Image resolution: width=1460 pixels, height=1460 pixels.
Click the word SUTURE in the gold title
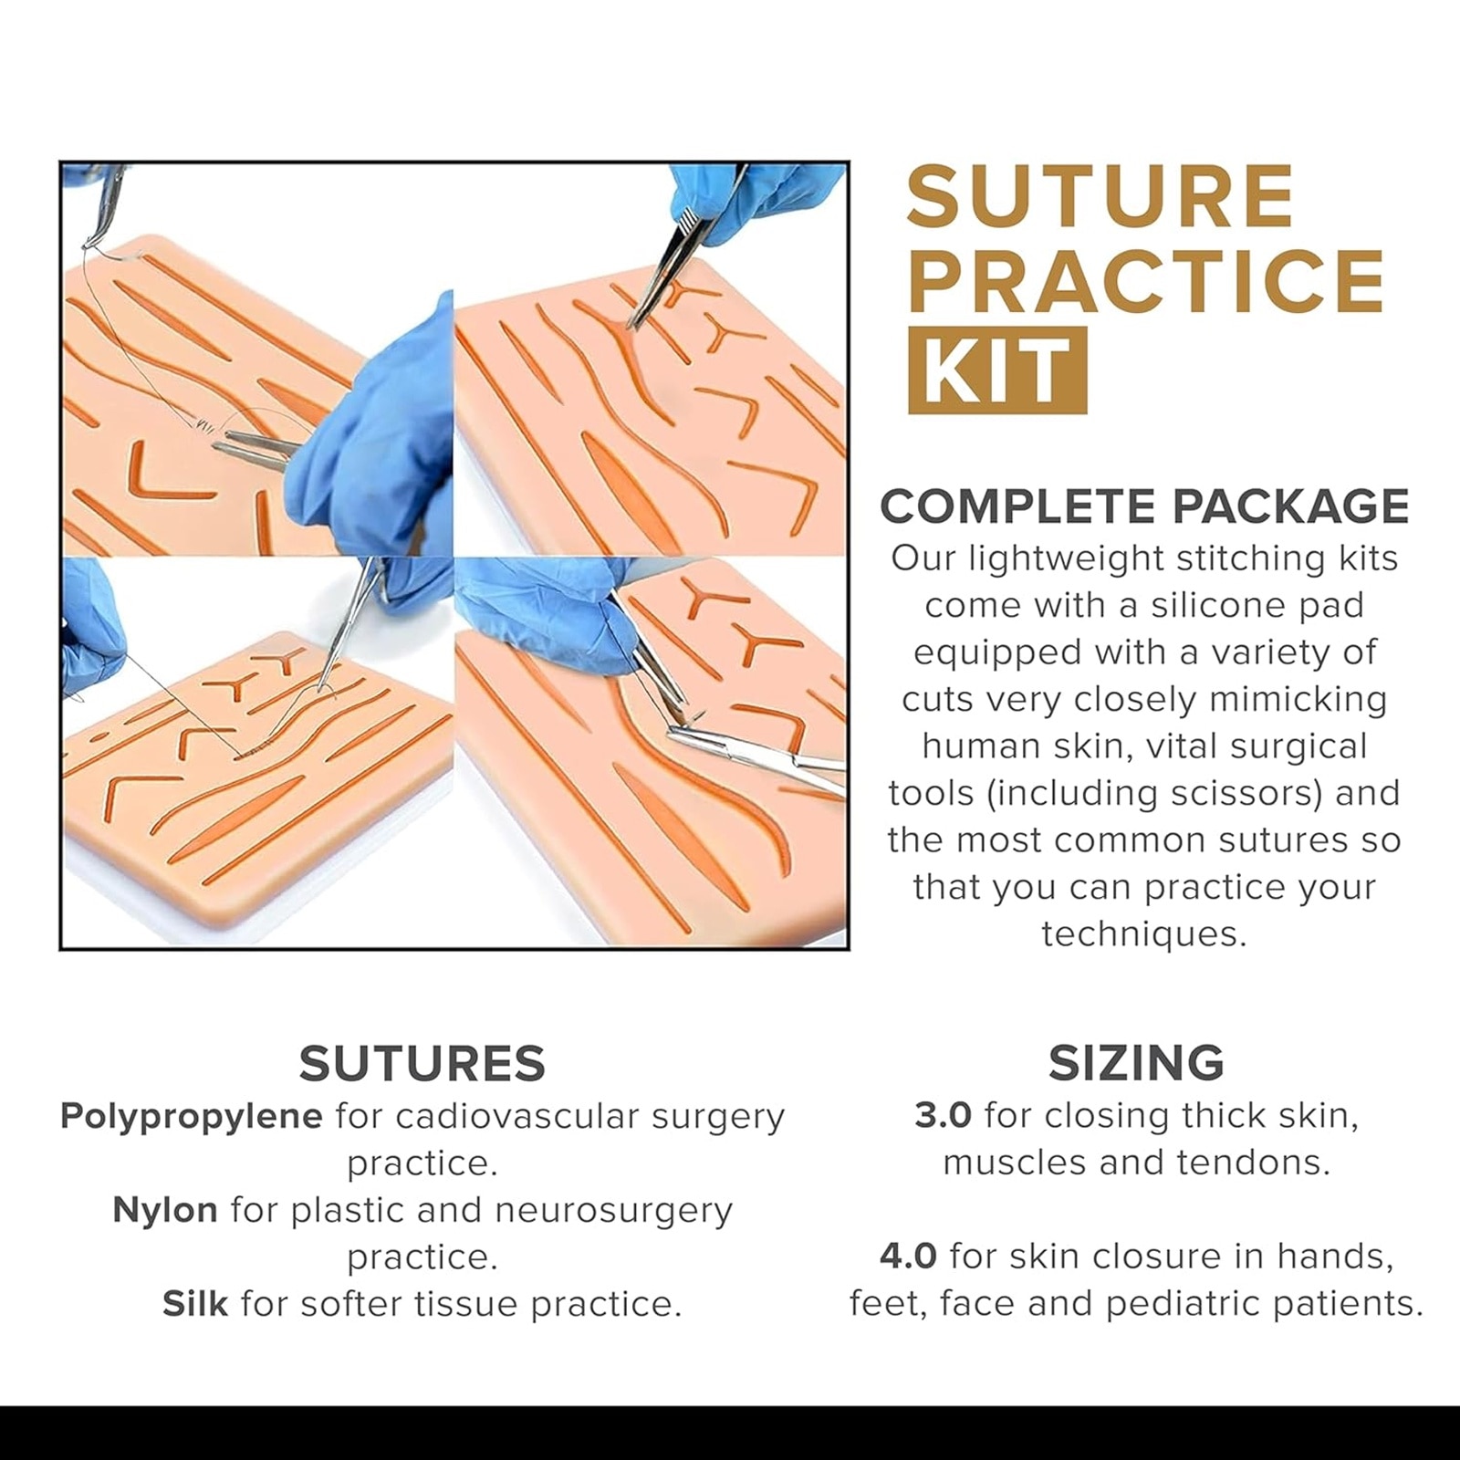(1100, 196)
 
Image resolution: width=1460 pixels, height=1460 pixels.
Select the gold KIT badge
(997, 370)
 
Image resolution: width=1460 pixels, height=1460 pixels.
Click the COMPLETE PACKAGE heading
(1144, 506)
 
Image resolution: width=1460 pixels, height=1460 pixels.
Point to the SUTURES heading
(422, 1063)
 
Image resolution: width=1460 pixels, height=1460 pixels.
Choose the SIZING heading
(1136, 1063)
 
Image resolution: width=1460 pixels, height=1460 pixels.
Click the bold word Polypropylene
(191, 1117)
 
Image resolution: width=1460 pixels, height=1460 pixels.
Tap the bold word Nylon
(165, 1210)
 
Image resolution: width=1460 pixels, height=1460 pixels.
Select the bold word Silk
(195, 1303)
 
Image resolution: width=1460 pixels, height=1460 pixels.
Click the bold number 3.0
(943, 1115)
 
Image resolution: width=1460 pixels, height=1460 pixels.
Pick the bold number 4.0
(908, 1257)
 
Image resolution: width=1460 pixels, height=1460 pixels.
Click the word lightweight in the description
(1065, 559)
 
